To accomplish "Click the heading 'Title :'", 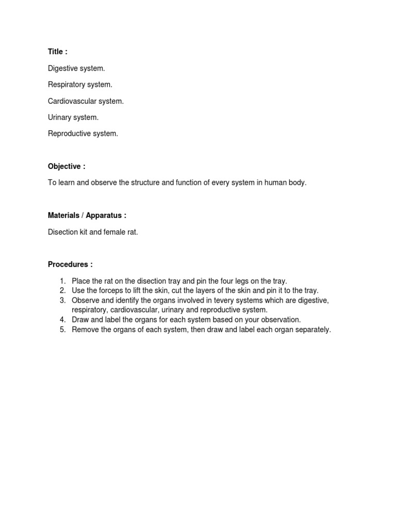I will click(x=57, y=52).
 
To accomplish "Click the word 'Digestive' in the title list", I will click(x=63, y=68).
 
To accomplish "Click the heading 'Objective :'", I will click(x=66, y=166).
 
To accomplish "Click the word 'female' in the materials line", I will click(x=114, y=232).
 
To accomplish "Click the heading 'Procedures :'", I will click(x=70, y=264).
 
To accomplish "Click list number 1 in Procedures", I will click(x=62, y=281).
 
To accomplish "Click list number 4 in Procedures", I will click(x=62, y=320).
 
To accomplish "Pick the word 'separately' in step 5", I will click(x=311, y=330).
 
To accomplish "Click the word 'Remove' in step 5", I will click(x=84, y=330).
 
